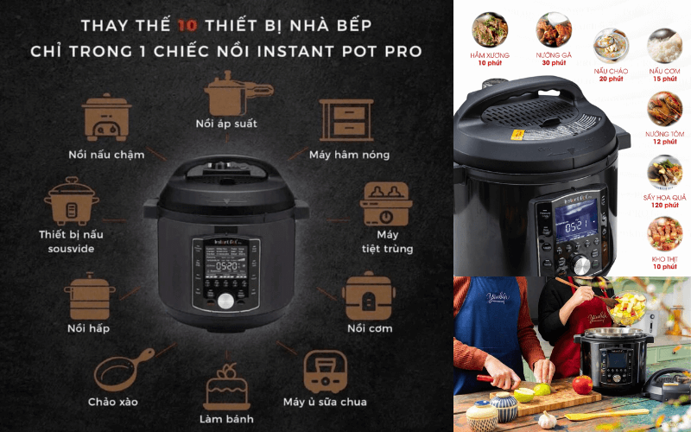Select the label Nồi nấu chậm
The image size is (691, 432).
pyautogui.click(x=106, y=156)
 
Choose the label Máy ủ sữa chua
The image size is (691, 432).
pyautogui.click(x=325, y=401)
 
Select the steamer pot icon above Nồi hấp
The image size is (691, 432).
pyautogui.click(x=91, y=295)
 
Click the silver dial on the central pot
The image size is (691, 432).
pyautogui.click(x=226, y=301)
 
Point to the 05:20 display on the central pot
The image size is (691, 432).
pyautogui.click(x=226, y=266)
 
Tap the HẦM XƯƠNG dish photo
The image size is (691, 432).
pyautogui.click(x=491, y=29)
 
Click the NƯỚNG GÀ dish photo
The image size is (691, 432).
pyautogui.click(x=554, y=29)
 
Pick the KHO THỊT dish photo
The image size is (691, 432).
pyautogui.click(x=664, y=234)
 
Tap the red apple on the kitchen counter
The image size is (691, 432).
pyautogui.click(x=582, y=384)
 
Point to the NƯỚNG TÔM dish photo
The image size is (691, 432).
pyautogui.click(x=664, y=108)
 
